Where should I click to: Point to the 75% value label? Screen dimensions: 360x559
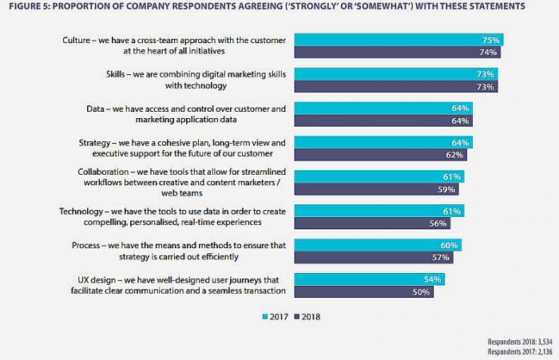pyautogui.click(x=490, y=40)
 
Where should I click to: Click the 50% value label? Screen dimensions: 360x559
pyautogui.click(x=421, y=292)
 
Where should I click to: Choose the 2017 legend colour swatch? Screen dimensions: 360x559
pyautogui.click(x=265, y=317)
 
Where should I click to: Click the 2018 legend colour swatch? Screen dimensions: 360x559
pyautogui.click(x=297, y=317)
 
